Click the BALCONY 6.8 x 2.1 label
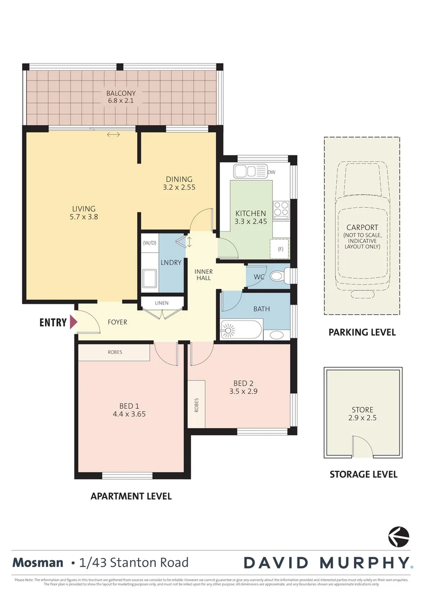121,97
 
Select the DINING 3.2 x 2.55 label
179,183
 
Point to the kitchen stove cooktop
281,209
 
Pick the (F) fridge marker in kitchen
280,249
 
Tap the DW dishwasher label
271,172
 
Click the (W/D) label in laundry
149,242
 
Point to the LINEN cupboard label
161,302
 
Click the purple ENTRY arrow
71,322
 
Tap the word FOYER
117,322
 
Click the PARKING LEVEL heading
362,332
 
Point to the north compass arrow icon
398,537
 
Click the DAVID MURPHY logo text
327,562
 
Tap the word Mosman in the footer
38,562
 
